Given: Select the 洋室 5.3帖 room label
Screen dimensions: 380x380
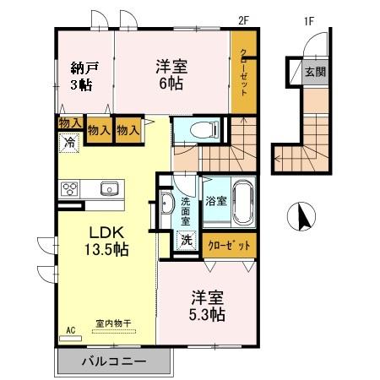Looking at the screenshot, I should tap(206, 306).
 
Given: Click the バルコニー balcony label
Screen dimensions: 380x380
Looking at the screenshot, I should tap(114, 362).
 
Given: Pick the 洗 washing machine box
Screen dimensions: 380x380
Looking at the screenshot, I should tap(185, 240).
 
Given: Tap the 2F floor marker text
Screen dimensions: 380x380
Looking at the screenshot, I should tap(244, 15).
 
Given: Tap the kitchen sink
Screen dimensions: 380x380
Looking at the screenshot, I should tap(109, 187).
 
